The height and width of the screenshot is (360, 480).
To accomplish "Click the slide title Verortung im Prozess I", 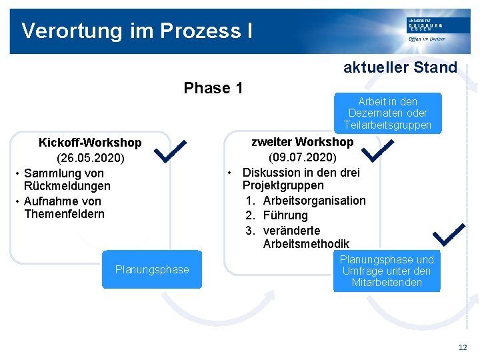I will point(137,31).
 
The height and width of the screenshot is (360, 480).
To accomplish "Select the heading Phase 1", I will point(213,88).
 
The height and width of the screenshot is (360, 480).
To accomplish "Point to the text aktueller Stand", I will point(400,67).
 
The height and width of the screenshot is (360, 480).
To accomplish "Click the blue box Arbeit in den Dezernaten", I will point(387,113).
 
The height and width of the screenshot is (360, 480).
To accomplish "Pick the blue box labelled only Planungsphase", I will point(152,269).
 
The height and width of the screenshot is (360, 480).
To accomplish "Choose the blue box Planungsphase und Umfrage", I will point(387,271).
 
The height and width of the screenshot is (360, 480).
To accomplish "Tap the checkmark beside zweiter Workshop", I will point(376,150).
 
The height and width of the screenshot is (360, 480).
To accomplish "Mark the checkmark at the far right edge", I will point(449,233).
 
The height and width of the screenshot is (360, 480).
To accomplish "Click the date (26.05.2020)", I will point(90,159).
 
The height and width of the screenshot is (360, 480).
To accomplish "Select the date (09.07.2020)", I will point(302,158).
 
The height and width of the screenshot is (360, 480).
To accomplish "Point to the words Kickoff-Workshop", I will point(90,143).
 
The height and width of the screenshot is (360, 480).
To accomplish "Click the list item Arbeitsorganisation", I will point(314,201).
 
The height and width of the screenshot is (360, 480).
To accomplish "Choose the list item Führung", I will point(285,215).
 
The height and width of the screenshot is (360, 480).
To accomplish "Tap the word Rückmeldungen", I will point(67,186).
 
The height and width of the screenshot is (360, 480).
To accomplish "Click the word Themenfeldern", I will point(64,214).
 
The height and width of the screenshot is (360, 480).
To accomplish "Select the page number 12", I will point(463,347).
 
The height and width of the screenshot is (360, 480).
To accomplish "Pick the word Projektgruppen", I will point(283,185).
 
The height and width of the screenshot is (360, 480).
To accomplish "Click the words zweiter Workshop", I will point(302,142).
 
